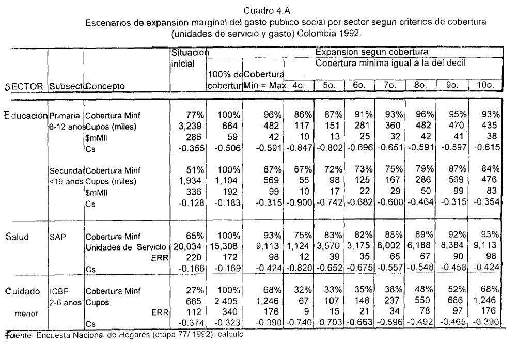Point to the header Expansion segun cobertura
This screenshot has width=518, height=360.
tap(371, 52)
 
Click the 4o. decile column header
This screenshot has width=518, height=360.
tap(297, 86)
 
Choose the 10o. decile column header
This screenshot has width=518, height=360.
tap(486, 86)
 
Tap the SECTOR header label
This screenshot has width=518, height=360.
tap(24, 86)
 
